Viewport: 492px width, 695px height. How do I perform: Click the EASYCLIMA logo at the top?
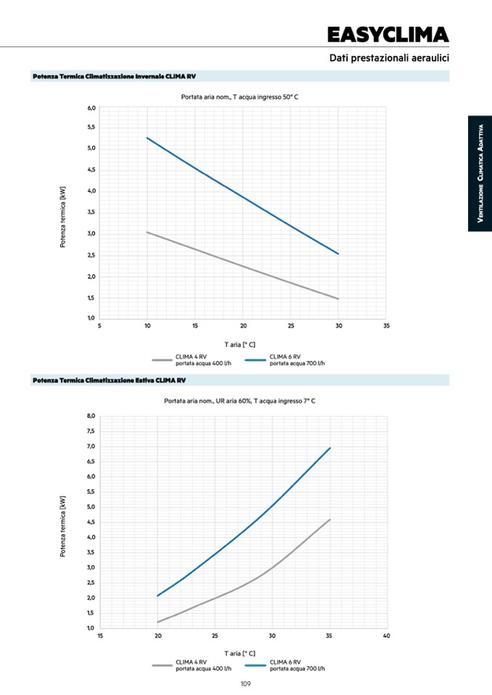[x=388, y=34]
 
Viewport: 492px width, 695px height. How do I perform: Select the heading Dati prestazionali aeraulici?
[x=389, y=57]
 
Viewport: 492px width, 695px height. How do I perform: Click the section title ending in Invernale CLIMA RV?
[x=114, y=76]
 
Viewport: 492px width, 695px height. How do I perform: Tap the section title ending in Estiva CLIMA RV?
[x=109, y=380]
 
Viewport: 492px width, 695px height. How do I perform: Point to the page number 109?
[x=245, y=683]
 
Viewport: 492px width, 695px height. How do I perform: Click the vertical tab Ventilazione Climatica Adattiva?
[x=480, y=174]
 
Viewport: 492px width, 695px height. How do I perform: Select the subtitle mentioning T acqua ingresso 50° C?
[x=239, y=96]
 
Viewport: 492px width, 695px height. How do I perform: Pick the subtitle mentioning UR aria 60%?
[x=239, y=400]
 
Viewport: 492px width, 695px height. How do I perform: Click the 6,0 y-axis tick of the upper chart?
[x=91, y=108]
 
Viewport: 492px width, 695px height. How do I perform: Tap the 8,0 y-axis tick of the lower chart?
[x=91, y=416]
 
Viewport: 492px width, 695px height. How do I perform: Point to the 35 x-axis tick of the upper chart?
[x=386, y=326]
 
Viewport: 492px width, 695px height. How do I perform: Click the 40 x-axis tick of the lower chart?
[x=386, y=636]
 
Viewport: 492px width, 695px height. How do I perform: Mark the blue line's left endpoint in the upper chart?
[x=147, y=138]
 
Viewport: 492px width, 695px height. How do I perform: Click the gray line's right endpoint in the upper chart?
[x=338, y=299]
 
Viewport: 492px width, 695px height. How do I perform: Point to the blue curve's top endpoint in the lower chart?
[x=330, y=447]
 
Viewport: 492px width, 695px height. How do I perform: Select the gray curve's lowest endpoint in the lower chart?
[x=158, y=622]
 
